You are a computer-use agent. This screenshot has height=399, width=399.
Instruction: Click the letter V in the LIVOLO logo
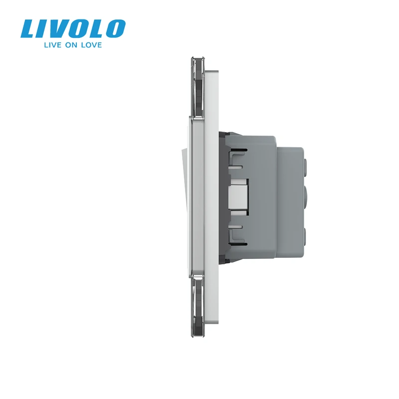(65, 29)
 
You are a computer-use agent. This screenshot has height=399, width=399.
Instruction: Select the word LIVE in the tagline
(53, 45)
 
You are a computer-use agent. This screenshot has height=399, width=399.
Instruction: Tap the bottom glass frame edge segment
(198, 307)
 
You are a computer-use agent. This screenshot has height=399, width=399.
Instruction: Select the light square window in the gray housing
(239, 196)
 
